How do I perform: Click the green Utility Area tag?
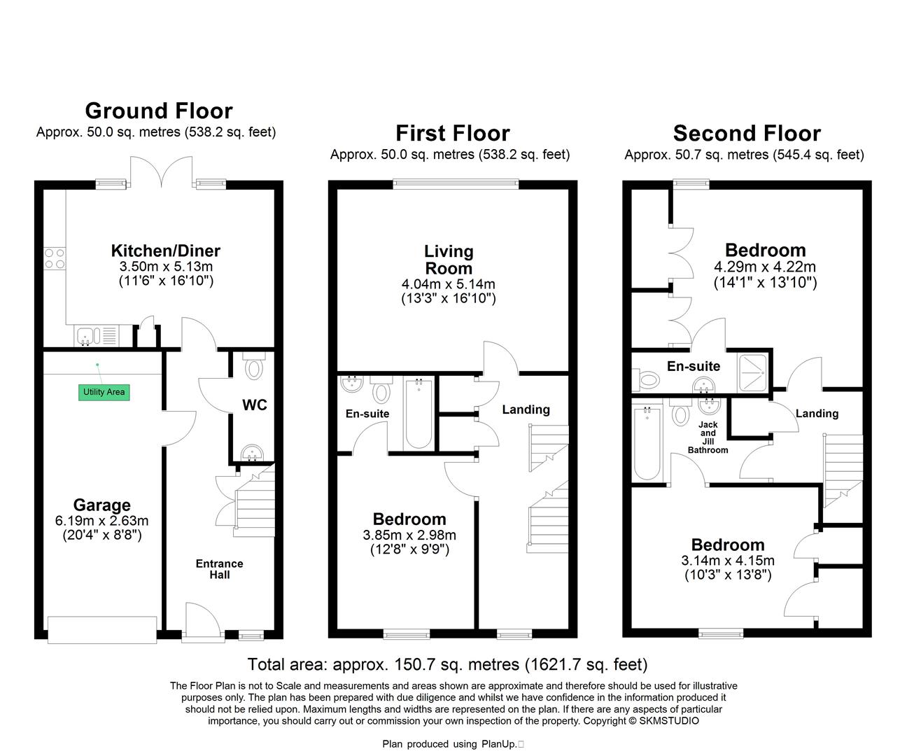point(104,392)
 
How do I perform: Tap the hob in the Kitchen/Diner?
point(55,259)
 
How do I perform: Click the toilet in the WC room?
point(253,366)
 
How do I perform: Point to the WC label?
point(254,405)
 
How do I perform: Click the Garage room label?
point(101,505)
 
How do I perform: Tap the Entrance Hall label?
point(219,569)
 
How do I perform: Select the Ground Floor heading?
point(158,111)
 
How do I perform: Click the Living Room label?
point(449,260)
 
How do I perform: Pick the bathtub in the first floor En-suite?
point(419,412)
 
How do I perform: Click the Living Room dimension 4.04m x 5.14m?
point(449,284)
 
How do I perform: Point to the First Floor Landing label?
point(526,409)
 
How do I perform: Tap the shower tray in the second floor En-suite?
point(754,371)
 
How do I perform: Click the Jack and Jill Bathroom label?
point(708,437)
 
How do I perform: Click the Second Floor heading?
point(747,133)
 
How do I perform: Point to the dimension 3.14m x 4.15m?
point(728,561)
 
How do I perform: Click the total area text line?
point(448,664)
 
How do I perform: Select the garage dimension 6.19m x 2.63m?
point(101,521)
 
